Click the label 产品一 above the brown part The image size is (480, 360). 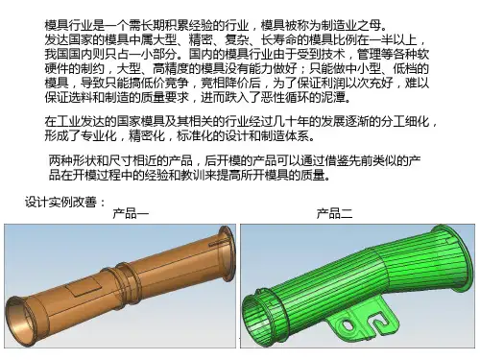tap(131, 213)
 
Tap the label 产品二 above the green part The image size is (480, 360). tap(335, 213)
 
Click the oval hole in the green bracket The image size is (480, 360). tap(347, 325)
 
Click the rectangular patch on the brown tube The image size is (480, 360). tap(84, 285)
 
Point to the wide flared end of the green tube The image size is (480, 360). tap(454, 256)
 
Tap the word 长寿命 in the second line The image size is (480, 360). tap(278, 39)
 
